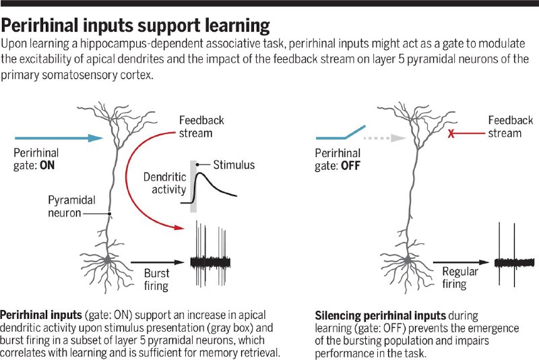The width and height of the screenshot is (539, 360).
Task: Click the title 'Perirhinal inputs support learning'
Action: (x=135, y=26)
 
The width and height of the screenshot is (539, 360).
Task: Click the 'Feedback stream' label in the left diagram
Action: (x=201, y=127)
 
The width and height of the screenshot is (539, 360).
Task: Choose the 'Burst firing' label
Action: (x=156, y=280)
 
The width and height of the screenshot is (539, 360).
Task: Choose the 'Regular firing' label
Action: (x=460, y=278)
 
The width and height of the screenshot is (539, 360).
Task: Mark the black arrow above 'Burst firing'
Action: (x=156, y=261)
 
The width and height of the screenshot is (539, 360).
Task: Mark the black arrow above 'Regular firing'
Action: (x=460, y=261)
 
